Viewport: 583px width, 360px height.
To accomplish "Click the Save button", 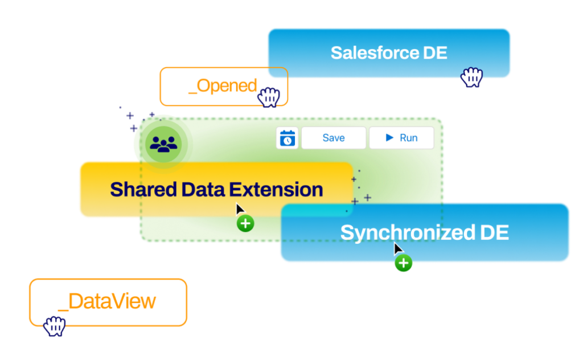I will click(333, 138).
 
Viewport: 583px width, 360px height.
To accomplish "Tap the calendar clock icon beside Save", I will click(288, 138).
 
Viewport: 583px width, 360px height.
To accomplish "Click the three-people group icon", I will click(164, 145).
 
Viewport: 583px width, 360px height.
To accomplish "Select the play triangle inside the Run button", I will click(390, 138).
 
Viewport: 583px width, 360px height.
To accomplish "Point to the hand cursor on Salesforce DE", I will click(471, 77).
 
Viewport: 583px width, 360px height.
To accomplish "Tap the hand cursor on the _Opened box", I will click(268, 97).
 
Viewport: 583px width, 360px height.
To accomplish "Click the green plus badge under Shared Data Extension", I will click(245, 224).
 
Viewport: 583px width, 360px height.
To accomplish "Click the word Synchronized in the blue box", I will click(407, 232).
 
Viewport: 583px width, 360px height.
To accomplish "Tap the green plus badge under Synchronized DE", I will click(404, 263).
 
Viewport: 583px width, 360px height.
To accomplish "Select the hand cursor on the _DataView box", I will click(55, 326).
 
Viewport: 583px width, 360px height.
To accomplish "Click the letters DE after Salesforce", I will click(435, 53).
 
